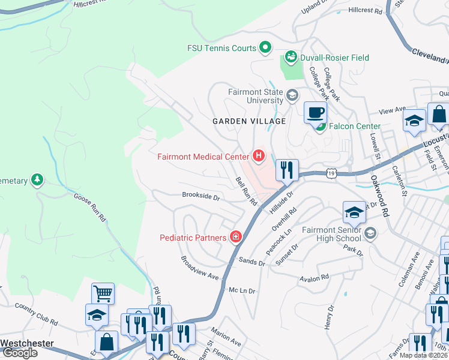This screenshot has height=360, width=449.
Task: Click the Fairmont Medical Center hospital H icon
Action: point(259,157)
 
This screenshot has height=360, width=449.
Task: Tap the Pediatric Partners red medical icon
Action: point(236,237)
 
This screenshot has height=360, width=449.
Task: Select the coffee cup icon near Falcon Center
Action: point(315,112)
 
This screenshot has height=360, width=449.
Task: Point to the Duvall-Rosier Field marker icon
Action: point(291,58)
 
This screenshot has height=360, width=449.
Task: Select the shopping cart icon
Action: point(103,293)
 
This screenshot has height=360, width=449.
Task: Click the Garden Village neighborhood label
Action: point(249,121)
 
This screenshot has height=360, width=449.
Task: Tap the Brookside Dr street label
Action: point(201,196)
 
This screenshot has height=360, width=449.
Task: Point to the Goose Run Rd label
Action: point(90,208)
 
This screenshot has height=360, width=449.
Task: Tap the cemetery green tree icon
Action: point(37,179)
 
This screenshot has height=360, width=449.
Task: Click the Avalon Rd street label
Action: point(316,278)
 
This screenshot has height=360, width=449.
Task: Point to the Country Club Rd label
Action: point(37,314)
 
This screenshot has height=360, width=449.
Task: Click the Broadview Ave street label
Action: point(199,266)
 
